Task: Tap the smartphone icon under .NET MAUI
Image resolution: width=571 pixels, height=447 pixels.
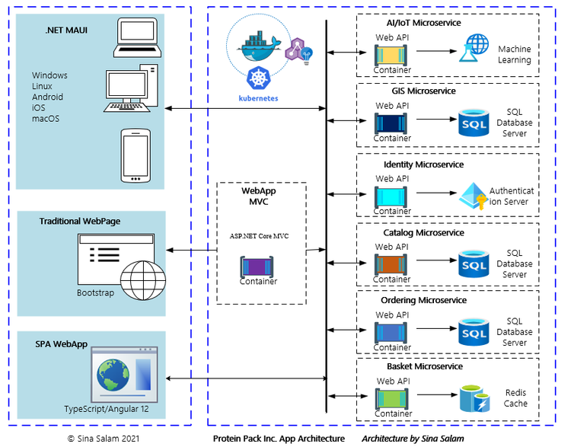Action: (136, 156)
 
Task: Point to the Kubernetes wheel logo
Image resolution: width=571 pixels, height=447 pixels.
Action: (257, 79)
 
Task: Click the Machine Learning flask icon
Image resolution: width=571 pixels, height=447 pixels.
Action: (473, 49)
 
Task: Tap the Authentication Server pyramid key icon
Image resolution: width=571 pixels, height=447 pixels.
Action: (473, 197)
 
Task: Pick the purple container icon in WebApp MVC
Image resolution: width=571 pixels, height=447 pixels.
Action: (258, 267)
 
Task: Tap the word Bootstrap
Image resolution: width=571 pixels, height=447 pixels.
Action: (95, 292)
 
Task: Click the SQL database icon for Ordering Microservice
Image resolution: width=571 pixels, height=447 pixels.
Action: (474, 332)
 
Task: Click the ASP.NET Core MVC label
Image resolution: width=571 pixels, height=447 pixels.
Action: (260, 236)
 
